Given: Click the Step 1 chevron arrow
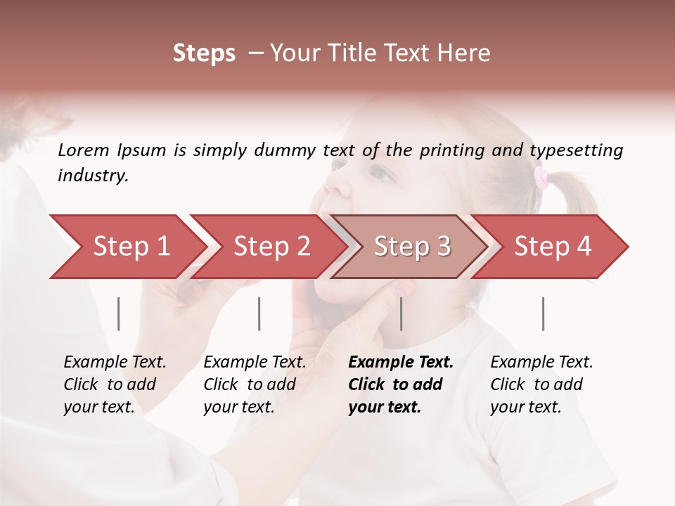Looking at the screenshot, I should pos(131,247).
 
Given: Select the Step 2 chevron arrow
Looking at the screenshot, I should pos(271,247).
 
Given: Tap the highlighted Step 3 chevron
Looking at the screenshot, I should pos(412,247).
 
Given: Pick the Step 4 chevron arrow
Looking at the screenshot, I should pos(553,247).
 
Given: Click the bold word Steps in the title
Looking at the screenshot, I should pos(204,53).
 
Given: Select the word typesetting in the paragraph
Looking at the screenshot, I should pos(576,150).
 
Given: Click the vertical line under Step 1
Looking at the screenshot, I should pos(119,313).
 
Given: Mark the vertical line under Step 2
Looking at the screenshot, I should pos(259,313).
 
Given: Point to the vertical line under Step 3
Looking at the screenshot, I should pos(401,313).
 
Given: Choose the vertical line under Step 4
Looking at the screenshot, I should pos(544,313).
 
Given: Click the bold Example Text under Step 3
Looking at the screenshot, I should pos(401,363).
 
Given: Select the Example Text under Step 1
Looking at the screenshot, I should pos(115,363).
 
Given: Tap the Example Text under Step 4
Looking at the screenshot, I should pos(541,363).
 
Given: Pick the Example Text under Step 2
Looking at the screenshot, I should pos(255,363).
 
